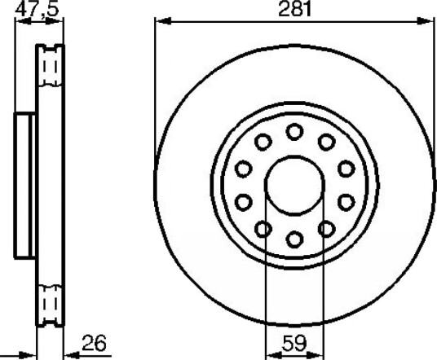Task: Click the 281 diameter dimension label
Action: (x=294, y=9)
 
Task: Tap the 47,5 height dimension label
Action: (x=37, y=9)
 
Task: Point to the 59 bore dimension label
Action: (x=294, y=343)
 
